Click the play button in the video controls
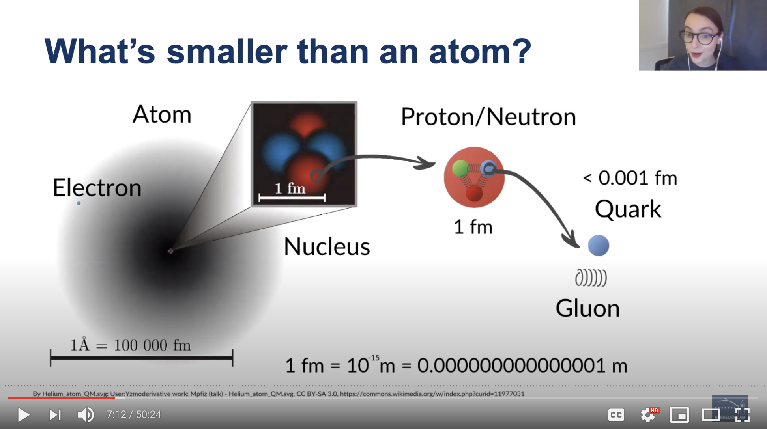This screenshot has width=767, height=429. coord(24,415)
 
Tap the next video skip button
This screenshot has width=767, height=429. coord(55,415)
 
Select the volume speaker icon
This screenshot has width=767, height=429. coord(86,415)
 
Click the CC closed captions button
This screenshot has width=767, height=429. coord(616,415)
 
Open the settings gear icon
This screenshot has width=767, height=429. coord(647,415)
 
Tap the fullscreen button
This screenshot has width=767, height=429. coord(743,415)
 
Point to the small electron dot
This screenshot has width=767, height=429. coord(79,203)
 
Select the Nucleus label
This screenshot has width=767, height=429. coord(327,246)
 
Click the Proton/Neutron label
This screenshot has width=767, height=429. coord(488,117)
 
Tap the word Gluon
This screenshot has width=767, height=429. coord(587,308)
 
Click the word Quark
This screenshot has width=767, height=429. coord(628,209)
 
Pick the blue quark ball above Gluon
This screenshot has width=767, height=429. coord(599,246)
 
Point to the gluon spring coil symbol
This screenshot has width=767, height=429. coord(591,278)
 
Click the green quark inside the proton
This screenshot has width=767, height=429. coord(460,168)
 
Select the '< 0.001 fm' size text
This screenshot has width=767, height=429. coord(630,178)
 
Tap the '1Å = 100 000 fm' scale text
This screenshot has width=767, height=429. coord(131,345)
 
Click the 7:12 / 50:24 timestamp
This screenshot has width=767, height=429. coord(134,415)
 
